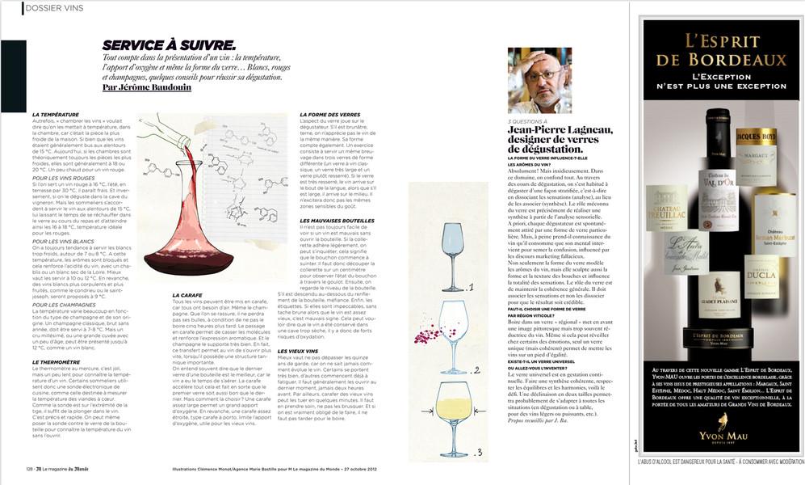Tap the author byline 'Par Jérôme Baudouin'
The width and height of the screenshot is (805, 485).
(x=148, y=86)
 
